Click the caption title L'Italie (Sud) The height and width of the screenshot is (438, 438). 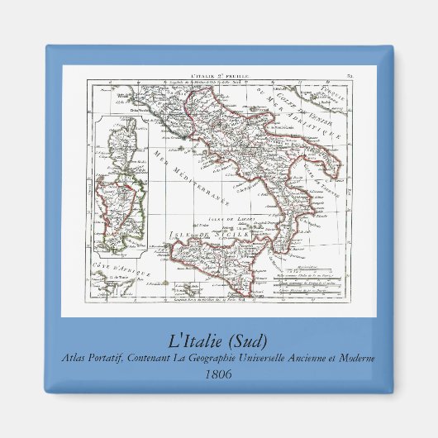[x=219, y=341]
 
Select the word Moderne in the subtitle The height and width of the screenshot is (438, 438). [x=355, y=358]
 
